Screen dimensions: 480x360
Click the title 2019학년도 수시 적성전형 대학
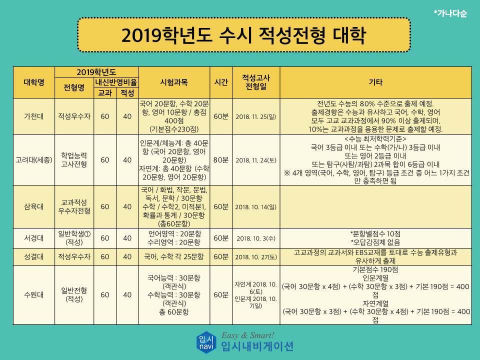click(x=243, y=35)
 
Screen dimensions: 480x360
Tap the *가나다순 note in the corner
click(x=450, y=13)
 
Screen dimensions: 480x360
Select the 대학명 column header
click(x=34, y=82)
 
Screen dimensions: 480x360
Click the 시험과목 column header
click(x=174, y=82)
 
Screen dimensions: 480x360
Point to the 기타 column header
click(x=375, y=82)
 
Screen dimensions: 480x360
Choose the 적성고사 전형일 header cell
click(x=256, y=82)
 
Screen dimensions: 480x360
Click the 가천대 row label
click(x=33, y=116)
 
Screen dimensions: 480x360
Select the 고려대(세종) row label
click(x=34, y=160)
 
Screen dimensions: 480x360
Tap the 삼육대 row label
click(x=33, y=206)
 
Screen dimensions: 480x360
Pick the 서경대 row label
click(x=33, y=238)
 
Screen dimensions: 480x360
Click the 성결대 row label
click(x=33, y=256)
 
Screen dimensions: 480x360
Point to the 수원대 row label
click(x=33, y=295)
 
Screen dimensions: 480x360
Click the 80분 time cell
click(x=221, y=160)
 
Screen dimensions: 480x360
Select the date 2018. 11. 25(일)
click(x=256, y=116)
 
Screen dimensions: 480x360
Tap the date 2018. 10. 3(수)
click(x=256, y=238)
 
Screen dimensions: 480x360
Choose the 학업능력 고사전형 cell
click(x=74, y=160)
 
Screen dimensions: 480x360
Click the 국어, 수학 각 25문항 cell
click(x=174, y=256)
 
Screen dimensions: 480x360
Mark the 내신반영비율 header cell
click(x=116, y=82)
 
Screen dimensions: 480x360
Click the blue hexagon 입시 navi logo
click(x=206, y=342)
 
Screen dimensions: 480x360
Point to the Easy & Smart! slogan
click(x=248, y=335)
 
